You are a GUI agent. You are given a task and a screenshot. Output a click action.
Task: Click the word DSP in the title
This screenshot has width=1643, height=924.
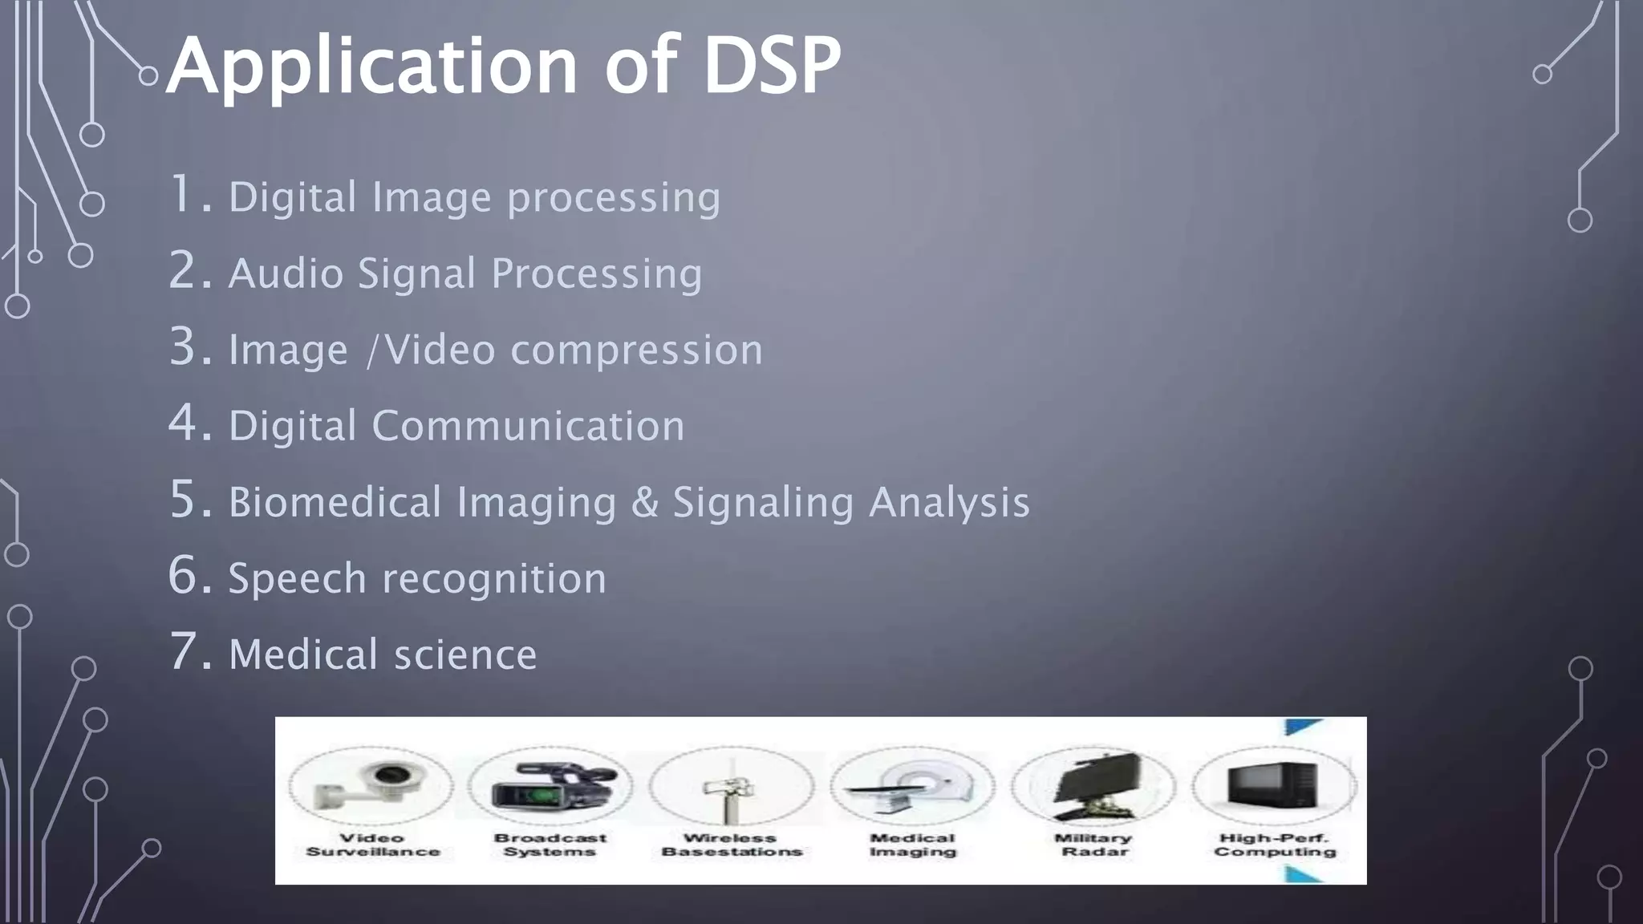[x=772, y=66]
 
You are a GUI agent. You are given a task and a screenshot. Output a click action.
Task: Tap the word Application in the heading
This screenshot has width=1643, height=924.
[x=371, y=68]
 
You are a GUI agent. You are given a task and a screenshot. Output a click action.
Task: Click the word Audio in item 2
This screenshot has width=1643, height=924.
[x=286, y=274]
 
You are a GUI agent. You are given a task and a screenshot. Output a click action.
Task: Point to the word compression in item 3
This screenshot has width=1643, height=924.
[x=636, y=350]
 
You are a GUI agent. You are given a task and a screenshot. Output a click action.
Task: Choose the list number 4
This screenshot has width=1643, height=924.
[x=189, y=423]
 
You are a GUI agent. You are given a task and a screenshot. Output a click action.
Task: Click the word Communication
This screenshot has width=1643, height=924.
[x=528, y=425]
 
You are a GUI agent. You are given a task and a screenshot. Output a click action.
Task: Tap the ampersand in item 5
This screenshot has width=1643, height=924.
[x=644, y=502]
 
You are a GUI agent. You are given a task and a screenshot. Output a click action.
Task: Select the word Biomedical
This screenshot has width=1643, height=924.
[x=335, y=502]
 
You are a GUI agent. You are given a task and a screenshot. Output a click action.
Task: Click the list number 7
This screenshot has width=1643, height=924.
[x=189, y=651]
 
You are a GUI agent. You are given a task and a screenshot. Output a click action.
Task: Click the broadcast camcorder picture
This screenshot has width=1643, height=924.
[x=550, y=786]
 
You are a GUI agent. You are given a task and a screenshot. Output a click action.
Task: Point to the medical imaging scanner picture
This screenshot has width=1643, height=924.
[x=912, y=788]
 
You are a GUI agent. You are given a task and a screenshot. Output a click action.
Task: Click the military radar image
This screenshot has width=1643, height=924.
[x=1093, y=786]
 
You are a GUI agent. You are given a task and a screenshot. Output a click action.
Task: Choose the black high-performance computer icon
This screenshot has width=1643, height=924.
[x=1274, y=784]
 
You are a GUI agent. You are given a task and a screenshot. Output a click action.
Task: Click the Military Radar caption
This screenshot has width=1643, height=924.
[x=1093, y=845]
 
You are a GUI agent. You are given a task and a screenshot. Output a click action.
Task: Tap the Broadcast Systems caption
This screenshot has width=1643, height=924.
[x=550, y=845]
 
